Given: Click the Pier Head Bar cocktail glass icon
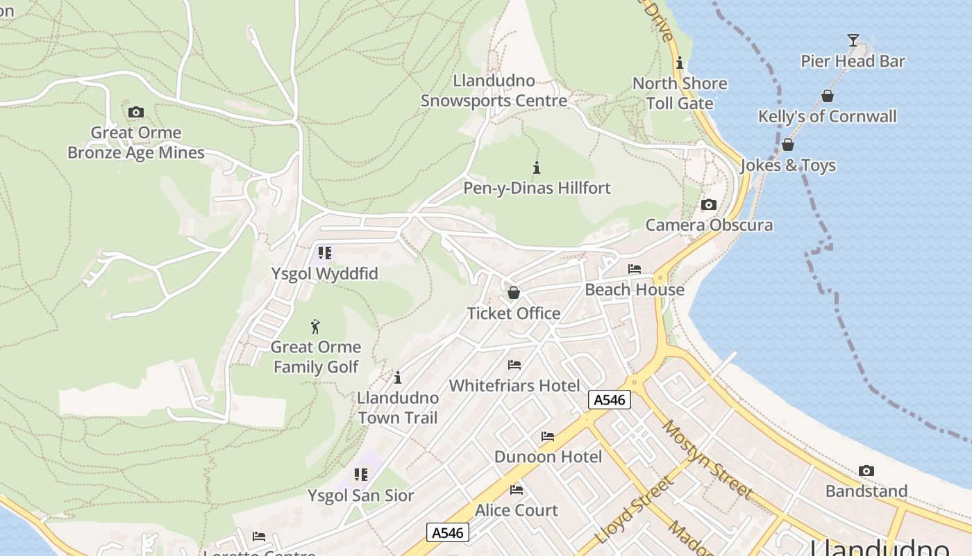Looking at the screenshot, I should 853,40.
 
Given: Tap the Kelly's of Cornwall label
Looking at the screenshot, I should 827,117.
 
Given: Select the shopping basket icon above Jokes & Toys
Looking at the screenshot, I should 787,145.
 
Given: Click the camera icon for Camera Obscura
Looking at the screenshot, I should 708,204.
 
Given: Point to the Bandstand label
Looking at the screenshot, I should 866,491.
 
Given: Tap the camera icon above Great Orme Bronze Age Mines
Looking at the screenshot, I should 136,112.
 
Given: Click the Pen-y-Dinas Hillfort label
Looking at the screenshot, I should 537,188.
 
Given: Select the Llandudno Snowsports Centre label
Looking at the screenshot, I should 494,91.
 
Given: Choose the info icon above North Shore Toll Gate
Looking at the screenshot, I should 679,63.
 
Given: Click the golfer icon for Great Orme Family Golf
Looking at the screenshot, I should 315,326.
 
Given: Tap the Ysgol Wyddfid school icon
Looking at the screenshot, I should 324,253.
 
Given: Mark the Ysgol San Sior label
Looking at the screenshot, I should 361,496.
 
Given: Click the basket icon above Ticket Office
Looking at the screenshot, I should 513,293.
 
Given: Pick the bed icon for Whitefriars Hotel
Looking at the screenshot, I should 514,364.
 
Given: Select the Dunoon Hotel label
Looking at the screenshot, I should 548,457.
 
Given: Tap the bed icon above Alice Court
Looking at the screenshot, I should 516,490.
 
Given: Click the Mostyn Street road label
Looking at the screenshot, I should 707,459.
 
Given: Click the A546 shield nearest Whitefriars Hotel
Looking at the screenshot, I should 609,400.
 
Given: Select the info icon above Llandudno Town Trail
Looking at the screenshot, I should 398,377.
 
